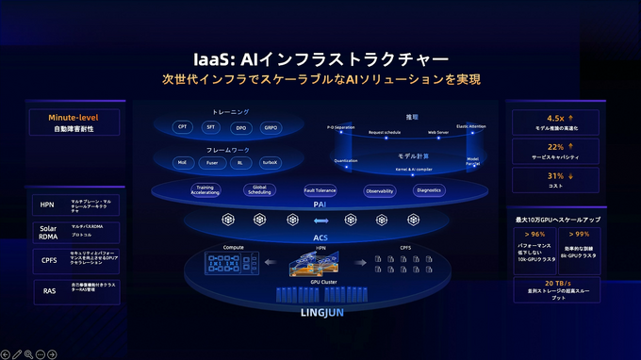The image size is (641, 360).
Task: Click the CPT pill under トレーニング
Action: tap(182, 126)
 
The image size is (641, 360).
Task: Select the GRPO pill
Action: tap(271, 126)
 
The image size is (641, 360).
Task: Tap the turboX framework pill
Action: tap(271, 163)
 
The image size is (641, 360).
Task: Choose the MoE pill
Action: tap(182, 163)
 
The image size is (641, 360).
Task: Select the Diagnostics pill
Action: tap(428, 190)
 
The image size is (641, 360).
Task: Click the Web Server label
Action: tap(438, 133)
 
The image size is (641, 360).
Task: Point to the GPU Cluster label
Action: tap(320, 282)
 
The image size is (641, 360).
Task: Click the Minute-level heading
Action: tap(74, 118)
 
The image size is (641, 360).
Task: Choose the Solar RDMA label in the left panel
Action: tap(47, 232)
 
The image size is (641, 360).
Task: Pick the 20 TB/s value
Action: tap(552, 283)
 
